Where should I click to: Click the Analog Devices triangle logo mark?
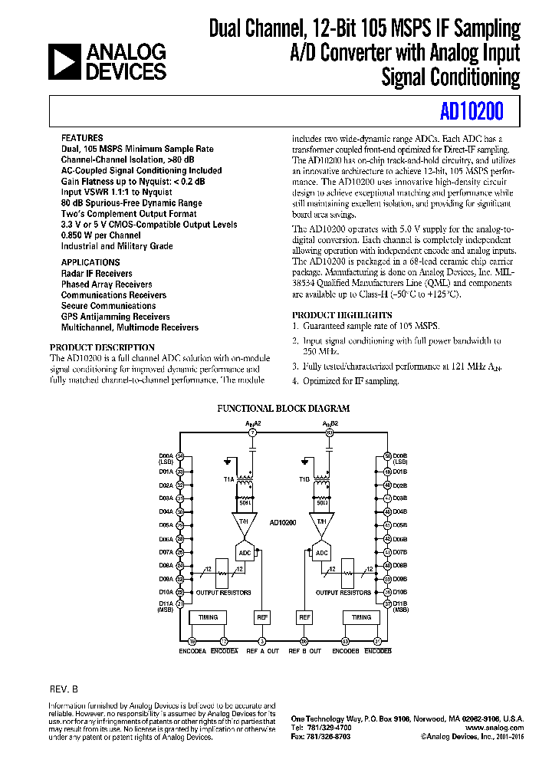pos(64,61)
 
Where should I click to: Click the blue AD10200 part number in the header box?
pos(472,112)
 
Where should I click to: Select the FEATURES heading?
pos(82,137)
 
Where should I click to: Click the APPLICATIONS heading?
pos(90,262)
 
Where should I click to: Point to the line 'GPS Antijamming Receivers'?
pos(116,316)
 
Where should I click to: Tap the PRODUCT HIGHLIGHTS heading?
pos(342,314)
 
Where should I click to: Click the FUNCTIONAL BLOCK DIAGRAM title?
pos(284,409)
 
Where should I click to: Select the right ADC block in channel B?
pos(321,553)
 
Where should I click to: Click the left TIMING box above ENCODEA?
pos(208,617)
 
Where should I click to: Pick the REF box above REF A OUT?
pos(261,617)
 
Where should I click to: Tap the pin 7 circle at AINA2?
pos(253,433)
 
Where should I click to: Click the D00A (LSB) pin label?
pos(166,459)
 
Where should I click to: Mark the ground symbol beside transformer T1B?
pos(306,462)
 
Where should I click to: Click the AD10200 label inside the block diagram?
pos(283,522)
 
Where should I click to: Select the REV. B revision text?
pos(64,689)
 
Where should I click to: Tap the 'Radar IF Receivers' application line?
pos(97,273)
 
